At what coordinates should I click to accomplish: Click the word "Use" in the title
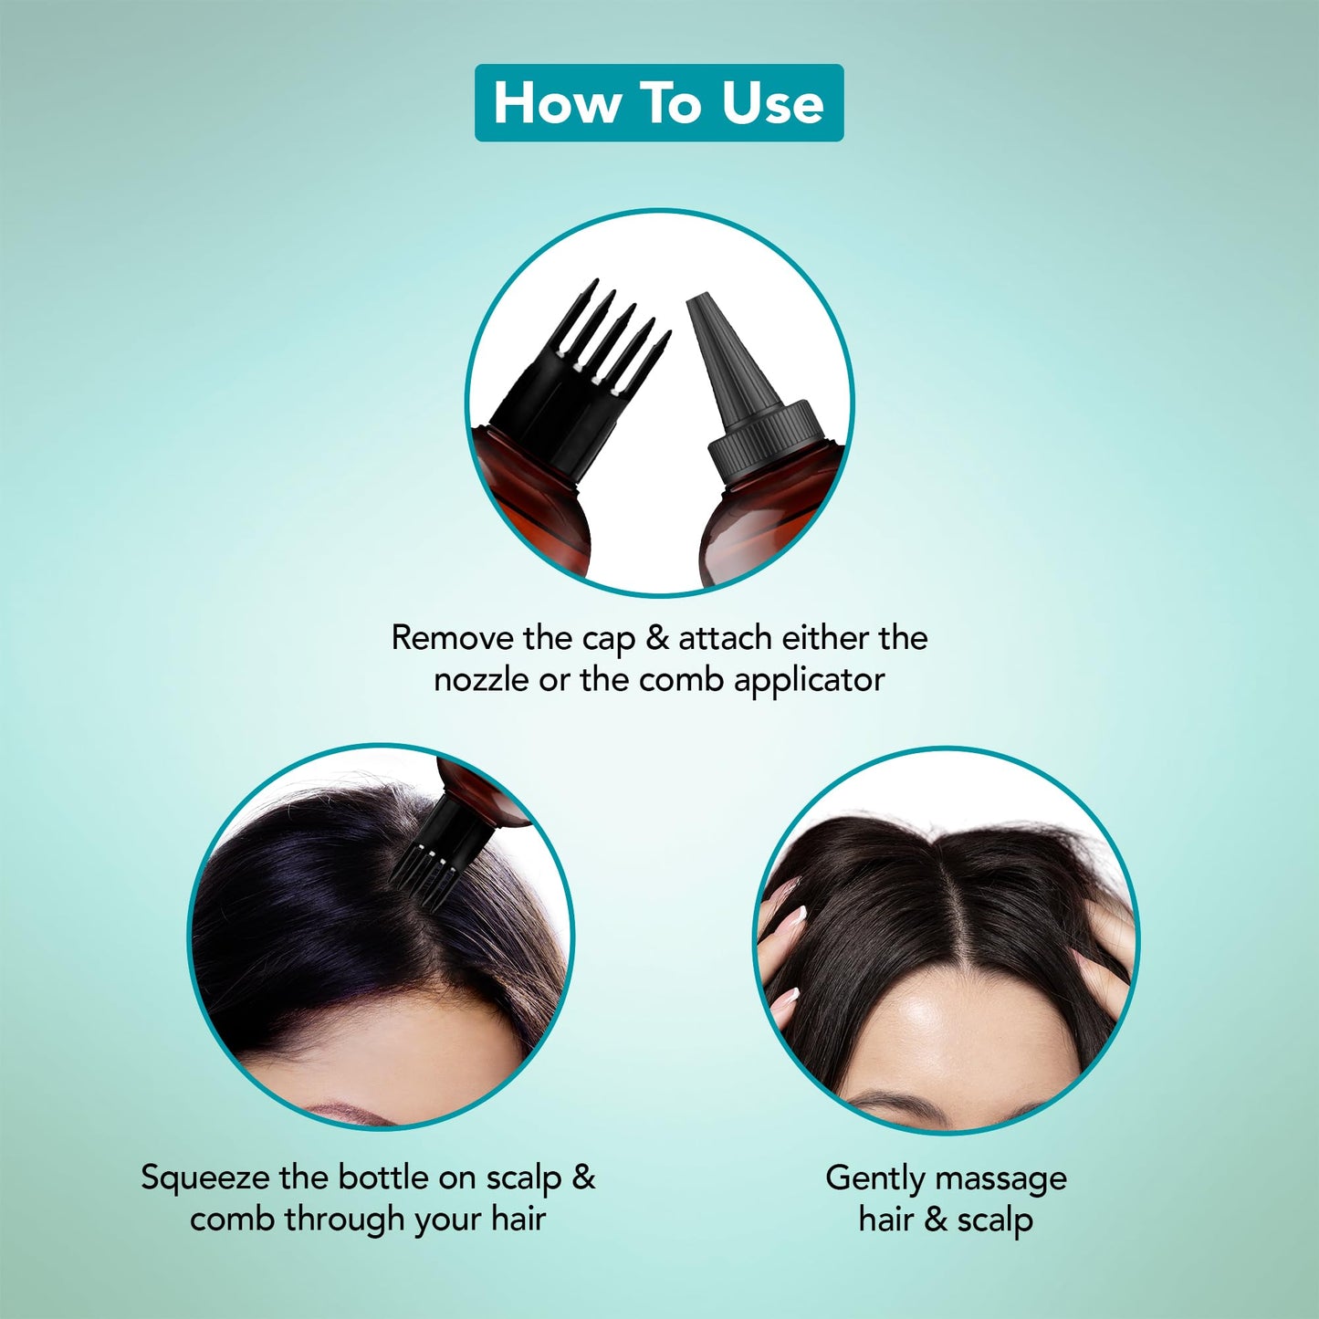tap(773, 103)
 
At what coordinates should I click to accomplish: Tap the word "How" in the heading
tap(554, 103)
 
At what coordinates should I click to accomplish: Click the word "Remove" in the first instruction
tap(453, 638)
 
